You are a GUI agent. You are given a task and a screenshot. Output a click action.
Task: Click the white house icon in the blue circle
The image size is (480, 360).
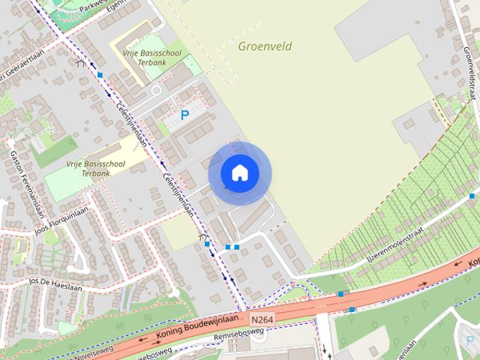pyautogui.click(x=239, y=172)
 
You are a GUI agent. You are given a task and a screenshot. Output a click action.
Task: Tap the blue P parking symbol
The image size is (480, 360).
pyautogui.click(x=184, y=115)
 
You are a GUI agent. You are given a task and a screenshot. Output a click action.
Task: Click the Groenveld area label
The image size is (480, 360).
pyautogui.click(x=265, y=46)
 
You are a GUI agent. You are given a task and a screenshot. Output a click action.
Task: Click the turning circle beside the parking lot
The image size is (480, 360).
pyautogui.click(x=156, y=90)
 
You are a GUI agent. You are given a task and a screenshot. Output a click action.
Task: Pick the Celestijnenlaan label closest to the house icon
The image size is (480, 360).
pyautogui.click(x=178, y=194)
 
